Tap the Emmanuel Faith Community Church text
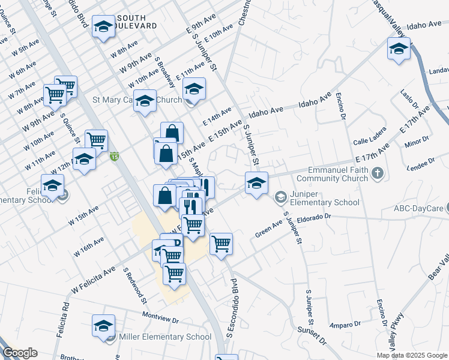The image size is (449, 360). click(x=337, y=174)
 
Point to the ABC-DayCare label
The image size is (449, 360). click(x=418, y=209)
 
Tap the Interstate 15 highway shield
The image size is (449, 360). click(x=115, y=158)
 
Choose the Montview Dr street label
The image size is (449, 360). click(x=161, y=315)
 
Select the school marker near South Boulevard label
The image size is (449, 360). click(x=103, y=27)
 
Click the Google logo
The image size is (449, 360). click(x=19, y=353)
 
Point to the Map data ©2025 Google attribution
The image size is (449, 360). click(x=411, y=355)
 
